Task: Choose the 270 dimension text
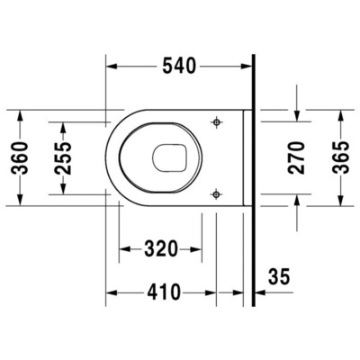[x=298, y=157]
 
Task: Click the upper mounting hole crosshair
[x=216, y=122]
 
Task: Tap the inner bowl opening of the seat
[x=170, y=157]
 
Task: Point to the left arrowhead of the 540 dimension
[x=112, y=65]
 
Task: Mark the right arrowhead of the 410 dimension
[x=211, y=292]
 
